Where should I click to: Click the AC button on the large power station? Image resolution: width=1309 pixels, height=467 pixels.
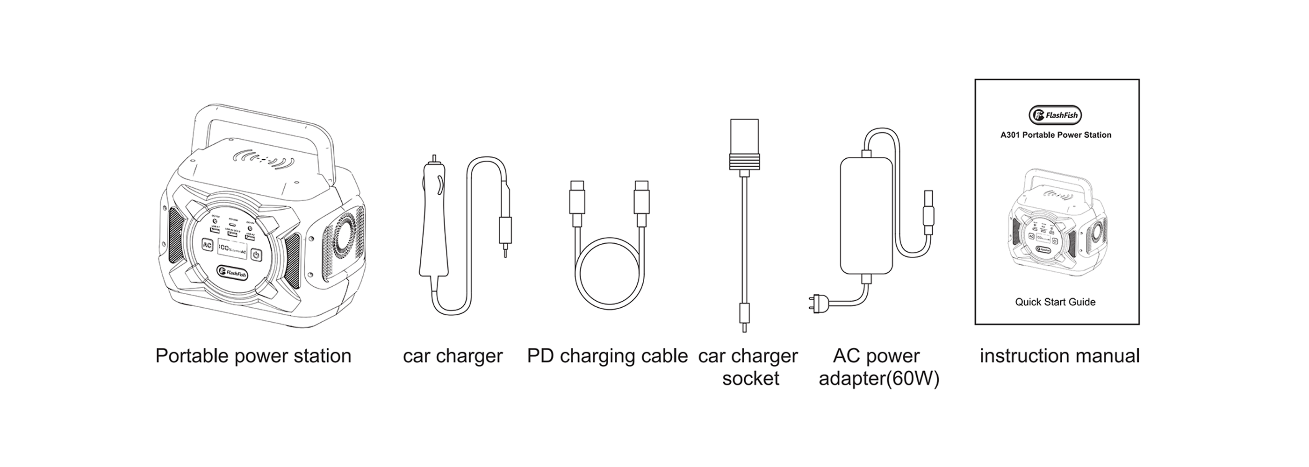tap(207, 245)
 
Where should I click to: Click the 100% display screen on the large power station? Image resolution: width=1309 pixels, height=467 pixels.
tap(232, 249)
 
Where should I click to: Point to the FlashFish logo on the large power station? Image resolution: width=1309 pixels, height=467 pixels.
tap(233, 273)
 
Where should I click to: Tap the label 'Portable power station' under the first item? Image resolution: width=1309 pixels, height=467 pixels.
tap(253, 356)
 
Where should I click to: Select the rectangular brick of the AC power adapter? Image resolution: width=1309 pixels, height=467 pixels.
tap(866, 215)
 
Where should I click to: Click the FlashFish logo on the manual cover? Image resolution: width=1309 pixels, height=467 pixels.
tap(1055, 115)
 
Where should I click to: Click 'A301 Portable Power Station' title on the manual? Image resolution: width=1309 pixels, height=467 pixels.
tap(1056, 135)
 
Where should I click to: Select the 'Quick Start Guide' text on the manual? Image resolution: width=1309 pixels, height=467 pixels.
tap(1055, 302)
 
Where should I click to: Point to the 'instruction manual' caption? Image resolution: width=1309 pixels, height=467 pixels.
tap(1059, 356)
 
